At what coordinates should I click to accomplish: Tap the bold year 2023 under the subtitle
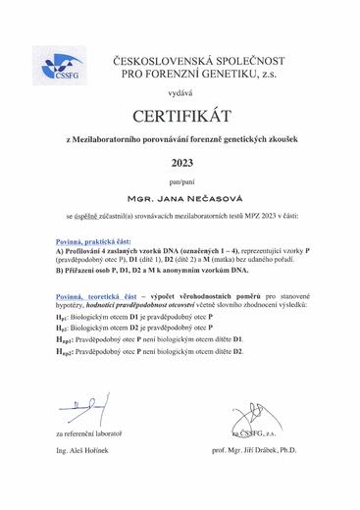pyautogui.click(x=182, y=163)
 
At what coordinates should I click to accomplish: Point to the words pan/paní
pyautogui.click(x=182, y=182)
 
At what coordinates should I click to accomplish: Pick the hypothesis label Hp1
pyautogui.click(x=63, y=321)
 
